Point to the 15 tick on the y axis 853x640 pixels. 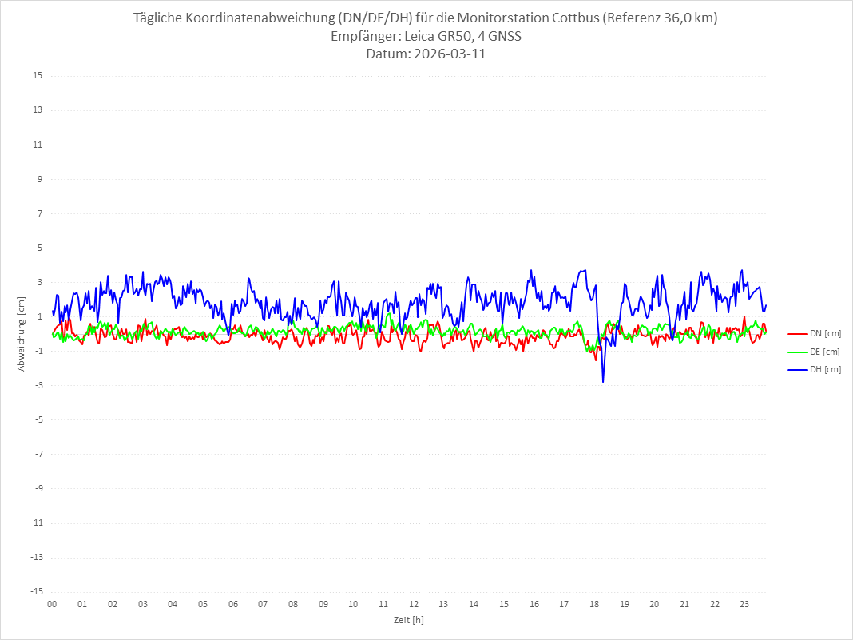coord(38,76)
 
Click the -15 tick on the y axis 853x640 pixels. coord(36,591)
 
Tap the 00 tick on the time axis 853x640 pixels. coord(52,604)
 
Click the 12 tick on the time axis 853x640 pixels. coord(414,604)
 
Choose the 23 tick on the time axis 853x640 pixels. coord(745,604)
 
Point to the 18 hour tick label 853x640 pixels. coord(594,604)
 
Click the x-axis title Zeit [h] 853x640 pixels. coord(408,620)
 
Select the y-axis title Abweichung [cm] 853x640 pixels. coord(22,333)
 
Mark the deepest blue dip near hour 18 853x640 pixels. coord(603,382)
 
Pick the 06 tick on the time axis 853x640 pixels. coord(232,604)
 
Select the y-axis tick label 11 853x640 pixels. coord(38,145)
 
